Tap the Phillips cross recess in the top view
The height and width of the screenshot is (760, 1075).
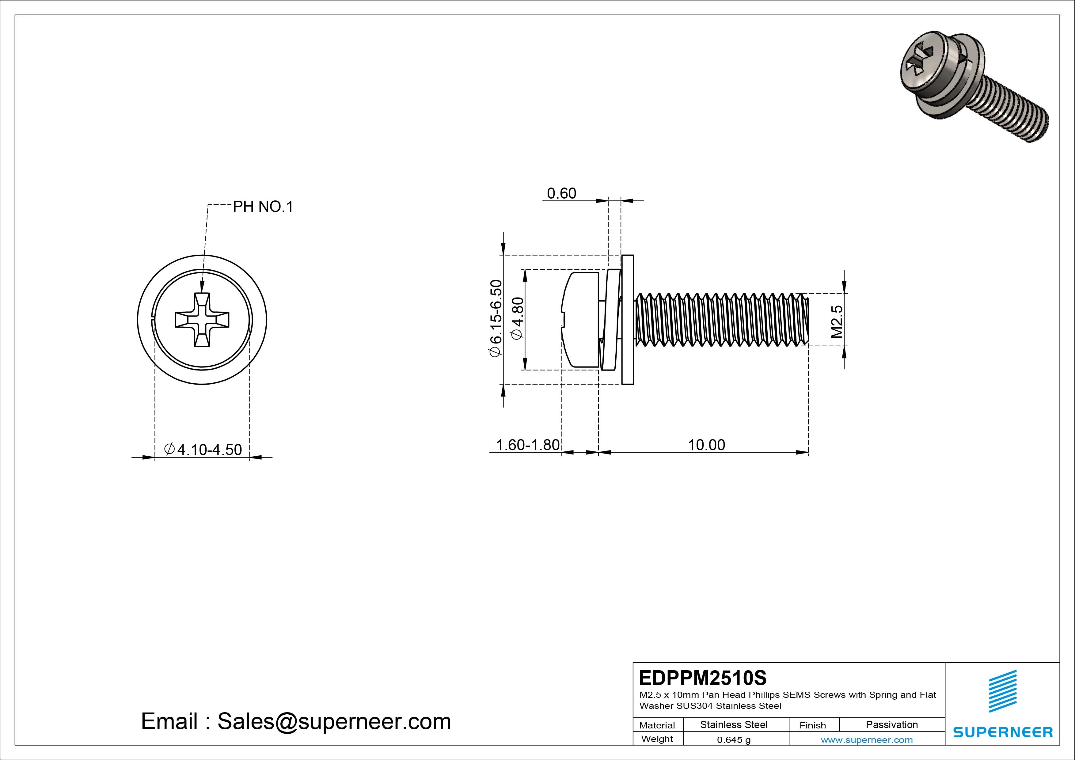point(202,320)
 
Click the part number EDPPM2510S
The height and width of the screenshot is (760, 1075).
point(702,678)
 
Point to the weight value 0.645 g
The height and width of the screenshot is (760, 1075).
point(733,740)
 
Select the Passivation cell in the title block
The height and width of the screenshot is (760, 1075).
point(891,724)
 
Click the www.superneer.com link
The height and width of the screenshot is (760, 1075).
point(867,740)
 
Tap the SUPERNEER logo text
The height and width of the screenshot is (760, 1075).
point(1003,732)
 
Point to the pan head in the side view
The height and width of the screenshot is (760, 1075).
point(581,319)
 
